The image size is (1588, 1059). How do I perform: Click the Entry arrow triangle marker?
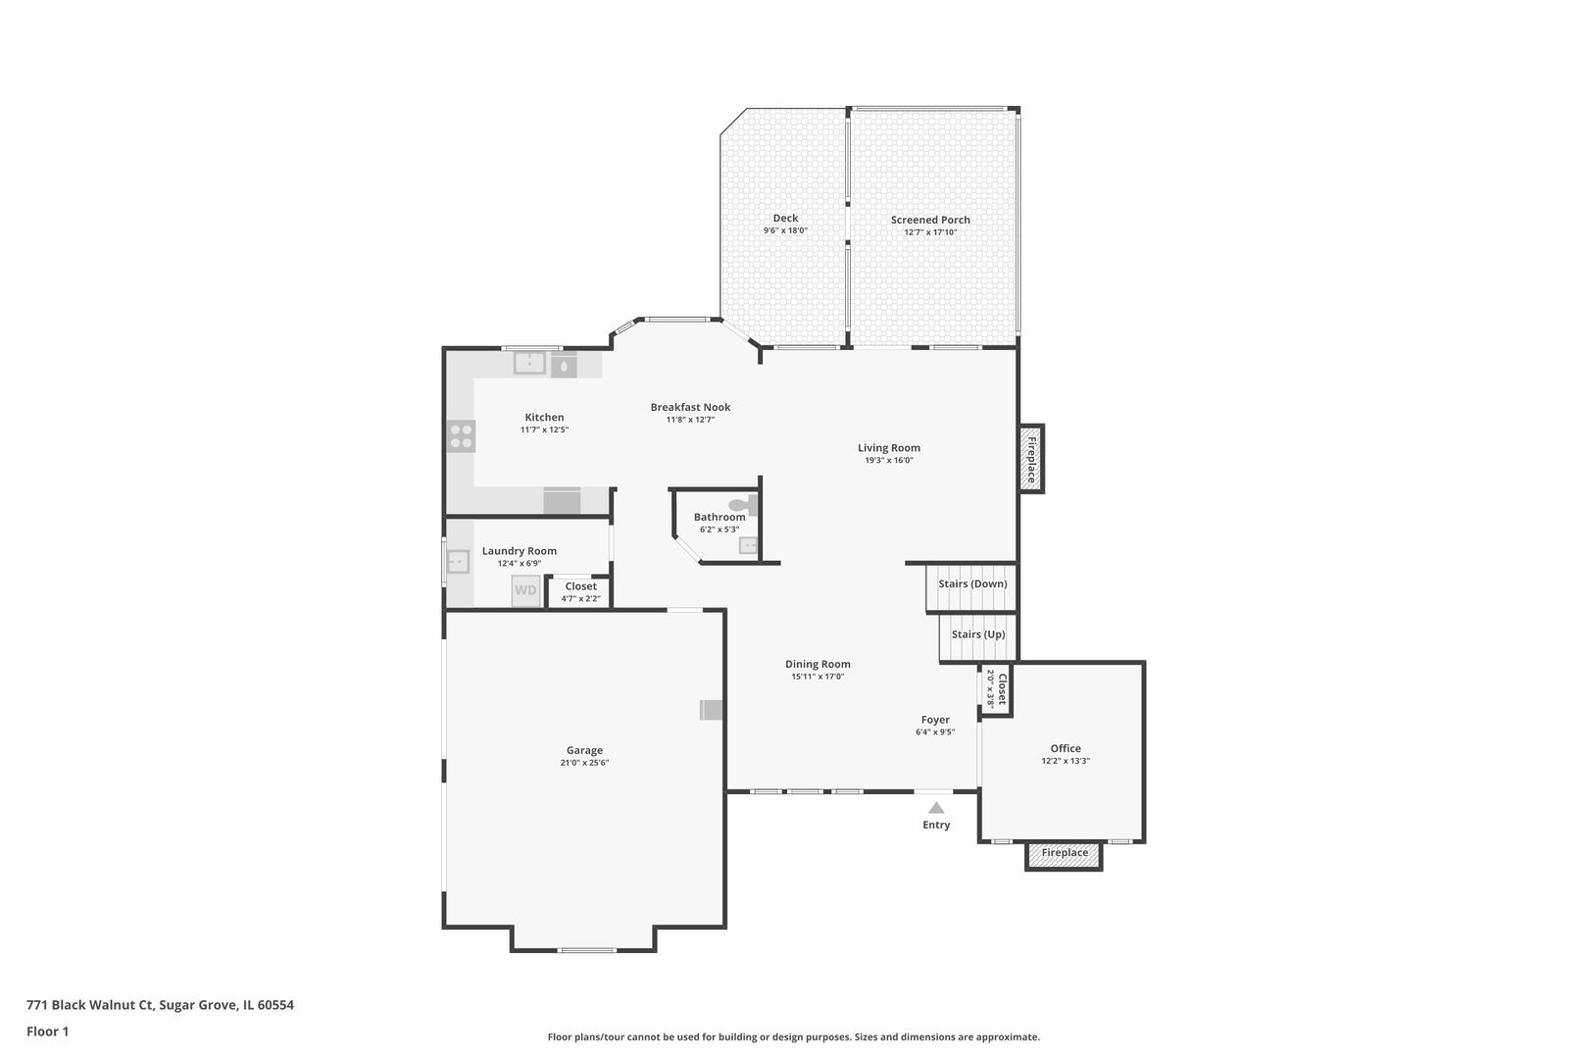(x=936, y=808)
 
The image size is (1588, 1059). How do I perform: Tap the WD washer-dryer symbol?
(x=526, y=590)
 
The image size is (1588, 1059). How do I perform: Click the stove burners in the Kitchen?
(x=462, y=436)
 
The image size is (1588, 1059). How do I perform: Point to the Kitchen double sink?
(x=529, y=364)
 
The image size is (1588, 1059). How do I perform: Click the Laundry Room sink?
(x=458, y=563)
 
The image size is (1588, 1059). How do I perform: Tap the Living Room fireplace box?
(x=1031, y=459)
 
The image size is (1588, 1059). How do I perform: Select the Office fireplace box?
(x=1065, y=854)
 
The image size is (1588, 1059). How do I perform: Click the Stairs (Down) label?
(x=972, y=584)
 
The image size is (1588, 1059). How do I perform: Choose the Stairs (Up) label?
(x=978, y=634)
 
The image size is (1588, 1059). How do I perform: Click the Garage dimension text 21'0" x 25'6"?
(x=584, y=763)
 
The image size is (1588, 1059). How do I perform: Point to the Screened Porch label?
(x=930, y=220)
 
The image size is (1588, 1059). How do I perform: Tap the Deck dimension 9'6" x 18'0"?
(x=785, y=231)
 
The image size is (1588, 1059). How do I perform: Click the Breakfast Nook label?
(x=690, y=407)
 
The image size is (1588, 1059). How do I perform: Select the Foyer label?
(x=935, y=720)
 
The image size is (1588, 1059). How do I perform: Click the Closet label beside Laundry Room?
(x=580, y=586)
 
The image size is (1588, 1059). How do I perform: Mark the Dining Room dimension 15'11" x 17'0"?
(x=818, y=677)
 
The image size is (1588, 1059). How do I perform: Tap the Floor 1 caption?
(x=47, y=1032)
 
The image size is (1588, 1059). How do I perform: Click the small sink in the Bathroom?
(x=749, y=545)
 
